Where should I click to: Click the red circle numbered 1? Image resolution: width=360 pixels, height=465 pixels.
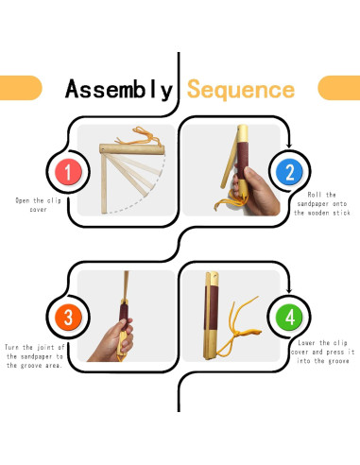tap(68, 172)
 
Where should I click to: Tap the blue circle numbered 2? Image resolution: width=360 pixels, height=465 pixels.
tap(289, 172)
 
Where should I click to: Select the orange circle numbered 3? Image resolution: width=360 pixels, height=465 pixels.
tap(68, 317)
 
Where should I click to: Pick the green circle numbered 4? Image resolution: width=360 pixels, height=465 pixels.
tap(289, 317)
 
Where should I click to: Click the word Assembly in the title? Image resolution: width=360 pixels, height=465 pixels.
tap(119, 90)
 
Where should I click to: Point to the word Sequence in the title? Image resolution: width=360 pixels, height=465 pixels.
tap(241, 90)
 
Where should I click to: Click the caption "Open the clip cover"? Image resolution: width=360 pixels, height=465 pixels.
tap(38, 205)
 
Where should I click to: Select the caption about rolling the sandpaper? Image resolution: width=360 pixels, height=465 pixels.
tap(322, 203)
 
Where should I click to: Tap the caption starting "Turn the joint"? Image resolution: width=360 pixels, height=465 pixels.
tap(34, 356)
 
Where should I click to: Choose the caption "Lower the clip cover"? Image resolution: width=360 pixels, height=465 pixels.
tap(323, 352)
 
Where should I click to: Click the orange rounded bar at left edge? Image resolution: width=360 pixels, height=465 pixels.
tap(21, 88)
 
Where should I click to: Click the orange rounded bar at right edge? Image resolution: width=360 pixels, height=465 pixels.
tap(339, 88)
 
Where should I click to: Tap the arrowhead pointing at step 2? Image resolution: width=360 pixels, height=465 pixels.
tap(289, 146)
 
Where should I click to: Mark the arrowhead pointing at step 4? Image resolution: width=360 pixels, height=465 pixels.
tap(289, 290)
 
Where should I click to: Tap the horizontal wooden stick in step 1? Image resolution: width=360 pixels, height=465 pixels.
tap(132, 149)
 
